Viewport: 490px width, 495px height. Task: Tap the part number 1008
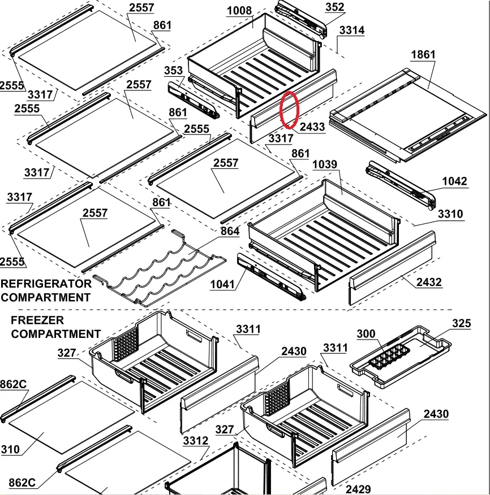239,11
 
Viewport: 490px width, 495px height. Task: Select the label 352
334,7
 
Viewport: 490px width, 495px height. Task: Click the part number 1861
423,55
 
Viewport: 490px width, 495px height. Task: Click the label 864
230,231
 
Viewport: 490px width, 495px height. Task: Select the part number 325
461,323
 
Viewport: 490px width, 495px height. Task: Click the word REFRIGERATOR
46,284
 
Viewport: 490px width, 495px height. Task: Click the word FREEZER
37,320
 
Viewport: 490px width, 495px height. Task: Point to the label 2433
312,127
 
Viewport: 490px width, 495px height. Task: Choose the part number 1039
325,164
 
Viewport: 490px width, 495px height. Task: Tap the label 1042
454,181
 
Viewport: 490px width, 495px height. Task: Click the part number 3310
450,214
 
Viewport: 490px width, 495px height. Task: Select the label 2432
429,282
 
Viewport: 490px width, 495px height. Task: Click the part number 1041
222,284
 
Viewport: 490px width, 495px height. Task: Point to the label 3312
196,440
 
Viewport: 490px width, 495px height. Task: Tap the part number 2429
358,489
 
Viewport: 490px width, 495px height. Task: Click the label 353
173,71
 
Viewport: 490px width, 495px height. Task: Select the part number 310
10,449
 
